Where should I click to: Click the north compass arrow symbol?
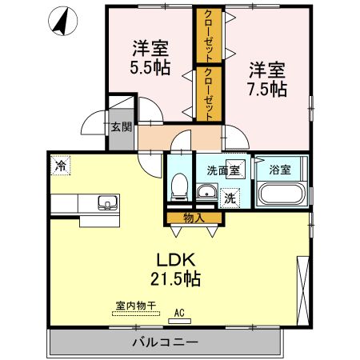tap(59, 22)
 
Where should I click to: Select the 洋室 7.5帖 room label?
tap(266, 78)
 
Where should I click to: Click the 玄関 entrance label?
tap(121, 126)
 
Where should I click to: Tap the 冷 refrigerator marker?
tap(60, 166)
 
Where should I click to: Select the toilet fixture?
tap(179, 187)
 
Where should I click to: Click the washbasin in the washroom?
tap(206, 191)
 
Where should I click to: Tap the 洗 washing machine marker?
tap(230, 197)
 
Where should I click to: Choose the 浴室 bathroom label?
tap(279, 170)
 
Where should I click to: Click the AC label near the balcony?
tap(180, 313)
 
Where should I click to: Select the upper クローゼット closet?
tap(208, 36)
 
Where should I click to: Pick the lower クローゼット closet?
tap(208, 94)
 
